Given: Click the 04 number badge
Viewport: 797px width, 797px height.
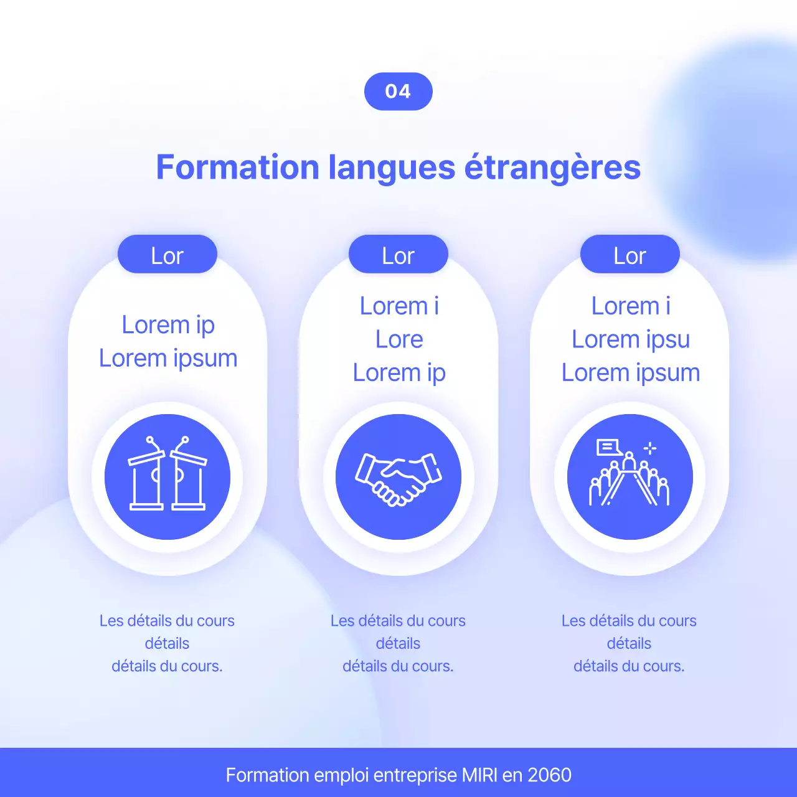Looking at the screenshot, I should (398, 92).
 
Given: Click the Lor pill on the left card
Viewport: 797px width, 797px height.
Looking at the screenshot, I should (167, 255).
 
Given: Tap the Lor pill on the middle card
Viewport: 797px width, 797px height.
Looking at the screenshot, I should (398, 255).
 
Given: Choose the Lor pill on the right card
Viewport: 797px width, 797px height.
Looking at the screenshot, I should (630, 255).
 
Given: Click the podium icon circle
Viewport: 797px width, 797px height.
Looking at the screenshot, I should (167, 476).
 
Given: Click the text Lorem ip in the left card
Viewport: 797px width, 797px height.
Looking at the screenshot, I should (168, 325).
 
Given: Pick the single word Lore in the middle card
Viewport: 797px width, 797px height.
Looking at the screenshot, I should (399, 339).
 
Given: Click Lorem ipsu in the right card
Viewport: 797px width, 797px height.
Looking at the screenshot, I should (631, 339).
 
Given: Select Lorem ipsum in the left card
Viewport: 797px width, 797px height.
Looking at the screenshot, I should (168, 359).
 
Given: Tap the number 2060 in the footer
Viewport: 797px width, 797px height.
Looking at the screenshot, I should (549, 775).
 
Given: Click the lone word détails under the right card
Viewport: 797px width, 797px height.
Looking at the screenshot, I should (629, 643).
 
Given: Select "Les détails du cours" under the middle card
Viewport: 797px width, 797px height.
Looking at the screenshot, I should (398, 621).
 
